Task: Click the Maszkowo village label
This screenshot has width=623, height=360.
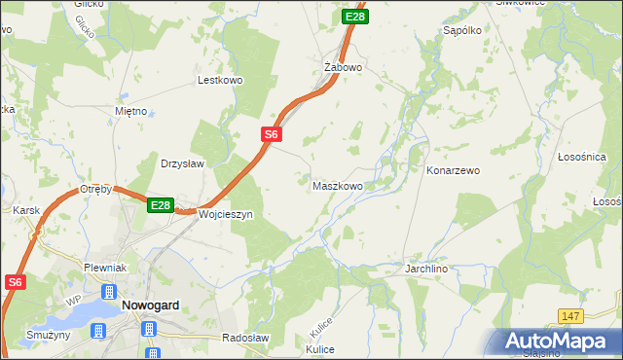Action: pyautogui.click(x=338, y=185)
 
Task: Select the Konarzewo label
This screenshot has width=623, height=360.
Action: pyautogui.click(x=453, y=170)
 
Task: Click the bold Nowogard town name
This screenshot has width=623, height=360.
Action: pyautogui.click(x=149, y=305)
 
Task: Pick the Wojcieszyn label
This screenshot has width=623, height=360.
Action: pyautogui.click(x=225, y=214)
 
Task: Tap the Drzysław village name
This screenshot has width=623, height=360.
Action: pyautogui.click(x=182, y=163)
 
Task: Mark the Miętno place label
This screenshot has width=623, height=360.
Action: pyautogui.click(x=130, y=112)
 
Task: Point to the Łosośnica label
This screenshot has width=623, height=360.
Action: pyautogui.click(x=582, y=157)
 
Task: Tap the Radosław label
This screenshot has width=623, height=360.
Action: pyautogui.click(x=244, y=338)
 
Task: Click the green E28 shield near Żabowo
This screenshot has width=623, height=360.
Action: pyautogui.click(x=355, y=17)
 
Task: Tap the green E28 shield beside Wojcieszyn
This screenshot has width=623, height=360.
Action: pyautogui.click(x=161, y=205)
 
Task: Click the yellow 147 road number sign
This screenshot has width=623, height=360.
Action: pyautogui.click(x=571, y=316)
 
